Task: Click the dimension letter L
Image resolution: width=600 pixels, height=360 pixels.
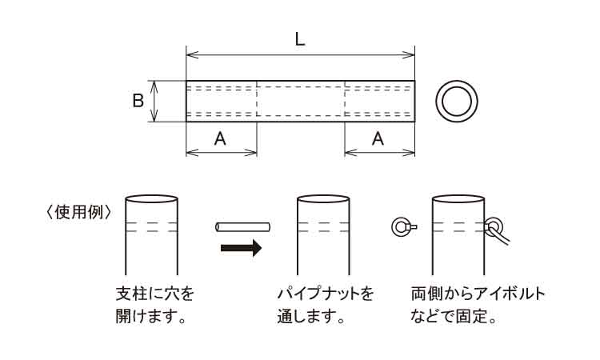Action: click(300, 39)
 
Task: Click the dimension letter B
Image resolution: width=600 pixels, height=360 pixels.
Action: click(138, 101)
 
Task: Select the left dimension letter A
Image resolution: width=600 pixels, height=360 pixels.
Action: click(220, 138)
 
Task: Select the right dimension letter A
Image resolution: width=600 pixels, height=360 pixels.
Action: click(378, 138)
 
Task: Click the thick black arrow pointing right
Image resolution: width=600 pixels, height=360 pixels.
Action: click(241, 247)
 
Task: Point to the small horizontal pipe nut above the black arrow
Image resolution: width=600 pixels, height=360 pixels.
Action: click(243, 227)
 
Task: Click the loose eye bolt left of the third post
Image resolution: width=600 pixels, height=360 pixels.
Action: click(404, 227)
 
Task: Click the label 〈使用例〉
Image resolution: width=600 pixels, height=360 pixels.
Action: click(78, 213)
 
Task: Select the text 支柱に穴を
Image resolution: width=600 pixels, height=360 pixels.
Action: click(155, 294)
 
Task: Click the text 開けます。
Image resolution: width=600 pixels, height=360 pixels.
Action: click(150, 316)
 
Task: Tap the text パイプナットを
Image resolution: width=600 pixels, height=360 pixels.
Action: click(326, 294)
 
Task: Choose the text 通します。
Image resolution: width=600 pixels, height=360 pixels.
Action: click(311, 316)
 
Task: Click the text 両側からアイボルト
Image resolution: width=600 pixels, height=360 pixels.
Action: click(478, 294)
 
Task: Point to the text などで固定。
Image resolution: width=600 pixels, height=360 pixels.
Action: click(454, 316)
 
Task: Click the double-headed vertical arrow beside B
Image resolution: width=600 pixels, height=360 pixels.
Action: click(154, 102)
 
